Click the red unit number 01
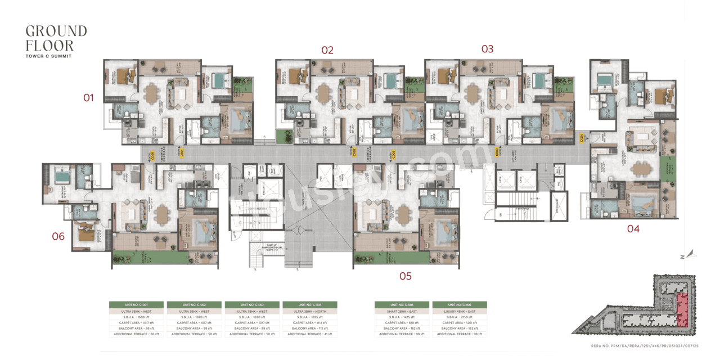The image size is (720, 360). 88,98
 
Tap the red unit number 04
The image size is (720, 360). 633,228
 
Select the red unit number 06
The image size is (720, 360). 58,236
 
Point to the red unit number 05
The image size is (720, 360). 405,276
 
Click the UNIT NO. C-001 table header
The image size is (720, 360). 136,304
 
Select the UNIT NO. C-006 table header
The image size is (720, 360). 460,304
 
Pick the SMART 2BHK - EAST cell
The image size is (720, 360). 402,311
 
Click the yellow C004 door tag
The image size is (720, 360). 582,137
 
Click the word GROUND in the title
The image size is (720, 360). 56,31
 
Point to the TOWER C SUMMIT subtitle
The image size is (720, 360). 48,56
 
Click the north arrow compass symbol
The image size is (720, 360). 691,254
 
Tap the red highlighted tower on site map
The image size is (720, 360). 682,309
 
